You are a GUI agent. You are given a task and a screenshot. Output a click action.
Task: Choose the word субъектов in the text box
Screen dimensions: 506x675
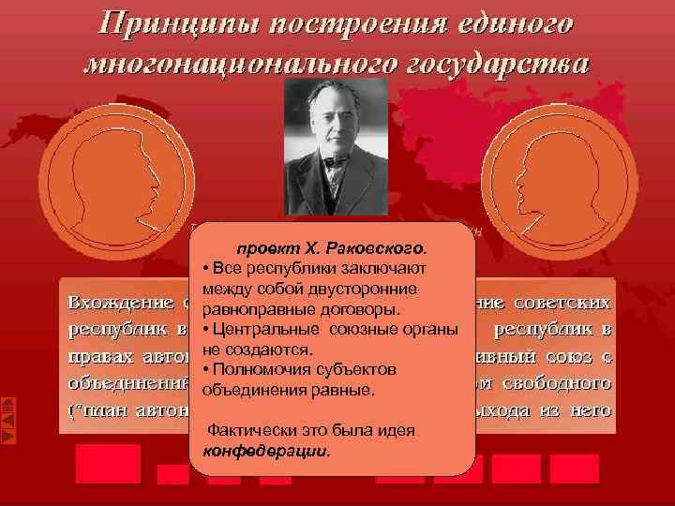coord(352,369)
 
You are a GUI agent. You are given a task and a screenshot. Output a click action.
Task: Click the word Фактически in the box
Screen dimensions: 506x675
coord(251,430)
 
